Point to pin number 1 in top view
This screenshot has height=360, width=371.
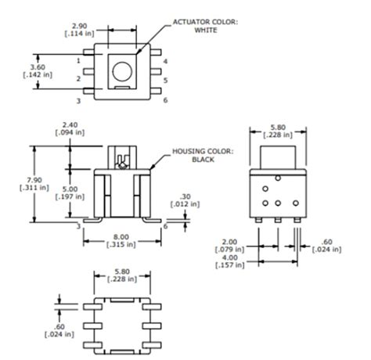[80, 59]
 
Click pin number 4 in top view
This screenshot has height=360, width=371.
[166, 60]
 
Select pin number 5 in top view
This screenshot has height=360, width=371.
[166, 80]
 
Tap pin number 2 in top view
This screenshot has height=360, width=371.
[80, 79]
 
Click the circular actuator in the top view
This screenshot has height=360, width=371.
[122, 72]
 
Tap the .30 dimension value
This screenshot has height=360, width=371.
[185, 196]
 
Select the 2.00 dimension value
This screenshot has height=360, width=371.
[231, 243]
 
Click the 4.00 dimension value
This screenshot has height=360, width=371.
[231, 258]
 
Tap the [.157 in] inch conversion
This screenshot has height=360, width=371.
[231, 266]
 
